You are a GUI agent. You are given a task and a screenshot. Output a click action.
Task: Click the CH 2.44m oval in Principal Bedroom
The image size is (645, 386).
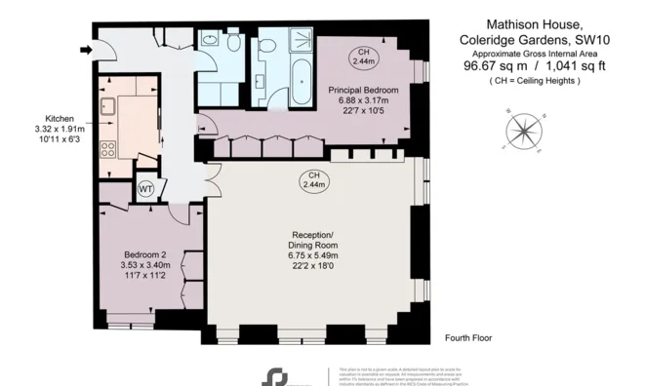click(363, 55)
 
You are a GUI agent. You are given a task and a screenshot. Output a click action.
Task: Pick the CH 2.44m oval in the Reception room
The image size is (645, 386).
click(314, 179)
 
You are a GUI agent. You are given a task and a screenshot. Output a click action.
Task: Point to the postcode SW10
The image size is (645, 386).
click(585, 39)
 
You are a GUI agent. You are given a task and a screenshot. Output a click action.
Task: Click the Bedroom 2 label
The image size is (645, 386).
click(144, 254)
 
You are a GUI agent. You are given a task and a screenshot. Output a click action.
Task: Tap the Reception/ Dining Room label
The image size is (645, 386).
click(314, 240)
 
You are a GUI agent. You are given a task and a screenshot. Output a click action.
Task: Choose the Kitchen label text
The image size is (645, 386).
click(49, 117)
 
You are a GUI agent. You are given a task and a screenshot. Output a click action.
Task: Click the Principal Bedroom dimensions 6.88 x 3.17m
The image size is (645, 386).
click(363, 99)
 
